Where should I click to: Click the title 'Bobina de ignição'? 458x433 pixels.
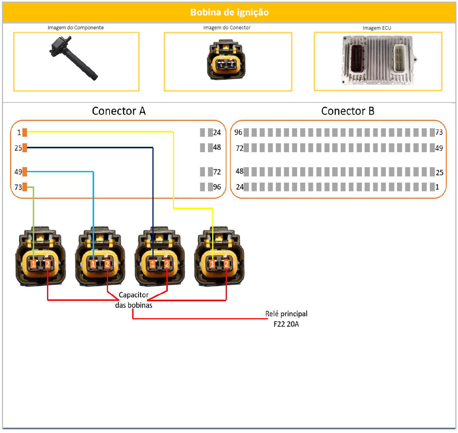click(x=229, y=12)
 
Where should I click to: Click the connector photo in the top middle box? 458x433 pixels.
click(x=226, y=60)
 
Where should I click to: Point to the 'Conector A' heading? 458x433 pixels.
click(x=118, y=111)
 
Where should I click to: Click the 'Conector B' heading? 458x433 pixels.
click(x=348, y=111)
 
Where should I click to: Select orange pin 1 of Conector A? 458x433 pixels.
click(x=25, y=133)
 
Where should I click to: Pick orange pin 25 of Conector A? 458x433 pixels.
click(x=25, y=148)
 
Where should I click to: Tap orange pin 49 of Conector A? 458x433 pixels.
click(x=25, y=171)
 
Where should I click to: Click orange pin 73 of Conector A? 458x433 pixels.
click(x=25, y=187)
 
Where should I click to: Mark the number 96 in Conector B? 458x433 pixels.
click(x=238, y=132)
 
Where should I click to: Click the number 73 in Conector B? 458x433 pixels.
click(x=439, y=132)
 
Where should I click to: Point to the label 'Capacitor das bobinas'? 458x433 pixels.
click(x=134, y=300)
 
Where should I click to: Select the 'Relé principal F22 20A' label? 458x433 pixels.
click(x=286, y=319)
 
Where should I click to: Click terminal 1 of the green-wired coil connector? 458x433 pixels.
click(x=34, y=264)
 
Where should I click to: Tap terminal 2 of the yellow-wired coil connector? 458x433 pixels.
click(x=226, y=264)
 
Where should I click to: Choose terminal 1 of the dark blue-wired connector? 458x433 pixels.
click(x=153, y=264)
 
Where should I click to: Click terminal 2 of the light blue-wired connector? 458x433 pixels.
click(x=107, y=264)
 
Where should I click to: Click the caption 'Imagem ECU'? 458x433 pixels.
click(x=377, y=28)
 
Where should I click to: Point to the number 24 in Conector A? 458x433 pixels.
click(x=217, y=133)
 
